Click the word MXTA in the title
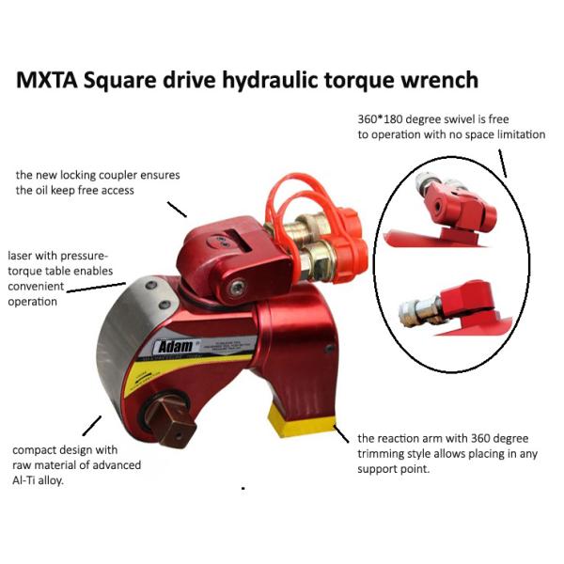[x=47, y=80]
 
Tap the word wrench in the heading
[x=440, y=80]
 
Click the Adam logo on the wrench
[x=176, y=346]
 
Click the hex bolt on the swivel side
[x=238, y=289]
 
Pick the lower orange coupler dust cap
[x=351, y=259]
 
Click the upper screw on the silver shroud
[x=151, y=286]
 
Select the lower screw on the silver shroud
[x=164, y=305]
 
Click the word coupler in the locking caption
[x=117, y=176]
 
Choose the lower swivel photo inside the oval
[x=454, y=308]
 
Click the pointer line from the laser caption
[x=96, y=288]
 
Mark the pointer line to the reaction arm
[x=341, y=433]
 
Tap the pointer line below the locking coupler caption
[x=177, y=210]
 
